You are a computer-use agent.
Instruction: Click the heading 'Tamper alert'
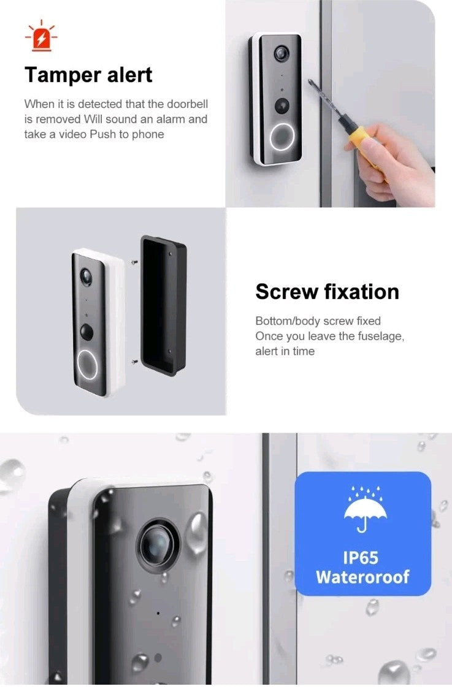88,75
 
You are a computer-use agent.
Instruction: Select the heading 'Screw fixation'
327,291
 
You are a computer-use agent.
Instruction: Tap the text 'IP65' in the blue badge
361,558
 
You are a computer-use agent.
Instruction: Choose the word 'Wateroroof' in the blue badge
362,577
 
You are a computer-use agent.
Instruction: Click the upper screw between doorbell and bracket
133,262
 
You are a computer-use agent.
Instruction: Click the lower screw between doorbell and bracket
133,362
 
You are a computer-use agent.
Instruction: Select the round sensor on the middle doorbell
87,332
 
